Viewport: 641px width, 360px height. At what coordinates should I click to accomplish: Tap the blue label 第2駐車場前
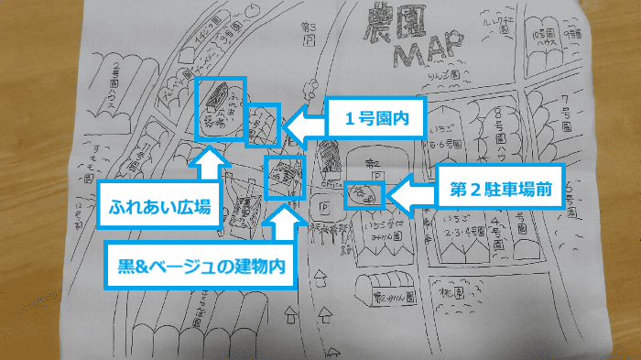click(x=500, y=191)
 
